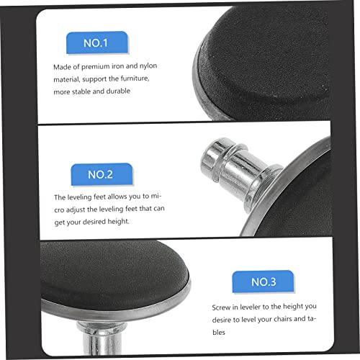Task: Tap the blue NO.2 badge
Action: tap(101, 175)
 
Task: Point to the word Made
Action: tap(63, 67)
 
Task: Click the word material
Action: tap(68, 79)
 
